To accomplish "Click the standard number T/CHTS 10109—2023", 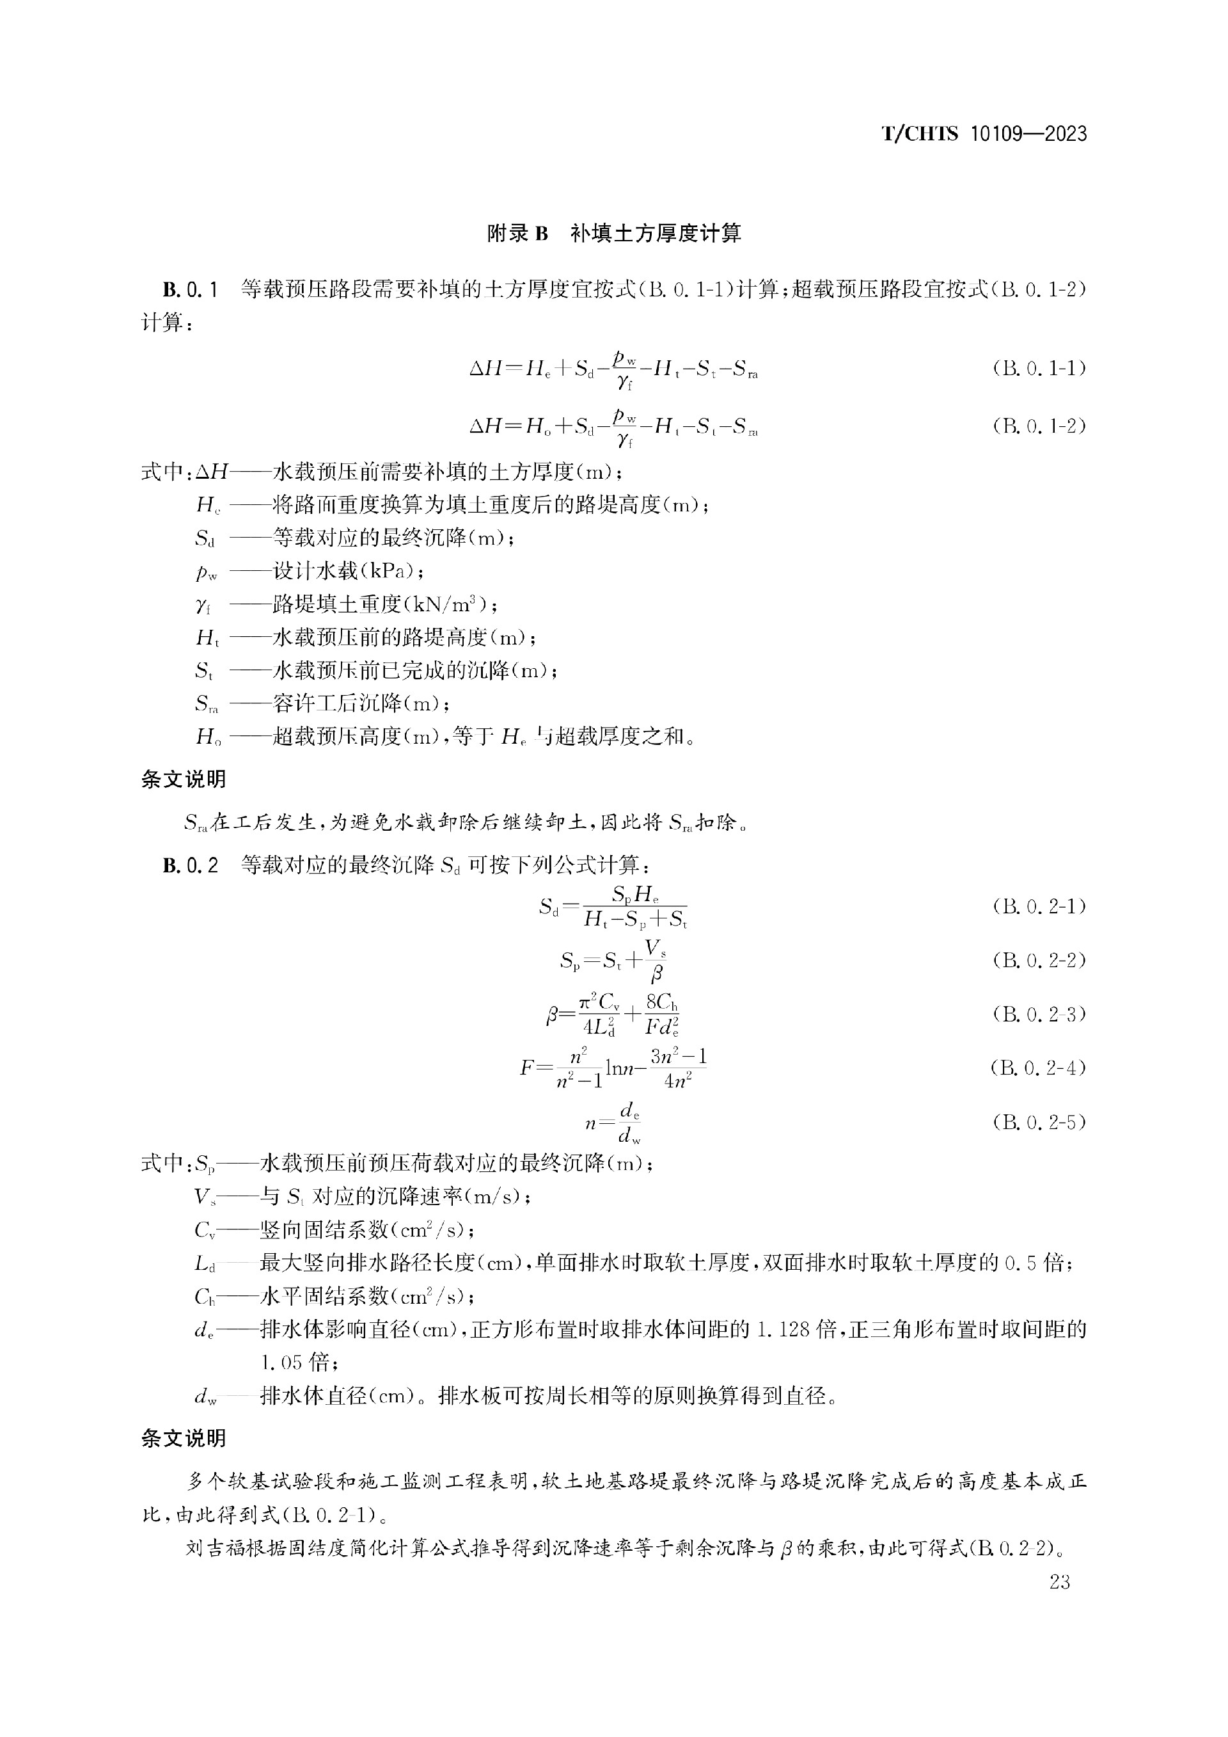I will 984,134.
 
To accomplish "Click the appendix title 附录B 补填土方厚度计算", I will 614,233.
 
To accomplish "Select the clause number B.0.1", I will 191,290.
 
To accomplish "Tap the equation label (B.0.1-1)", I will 1039,369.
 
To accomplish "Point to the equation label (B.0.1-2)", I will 1039,426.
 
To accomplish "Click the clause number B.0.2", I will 191,865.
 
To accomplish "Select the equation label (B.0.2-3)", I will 1039,1014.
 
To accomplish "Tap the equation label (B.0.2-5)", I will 1039,1122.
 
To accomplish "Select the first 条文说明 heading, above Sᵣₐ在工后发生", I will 184,780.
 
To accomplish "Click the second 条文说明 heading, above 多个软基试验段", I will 184,1438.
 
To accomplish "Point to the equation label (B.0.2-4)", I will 1039,1068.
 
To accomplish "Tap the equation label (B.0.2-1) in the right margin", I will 1039,906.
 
